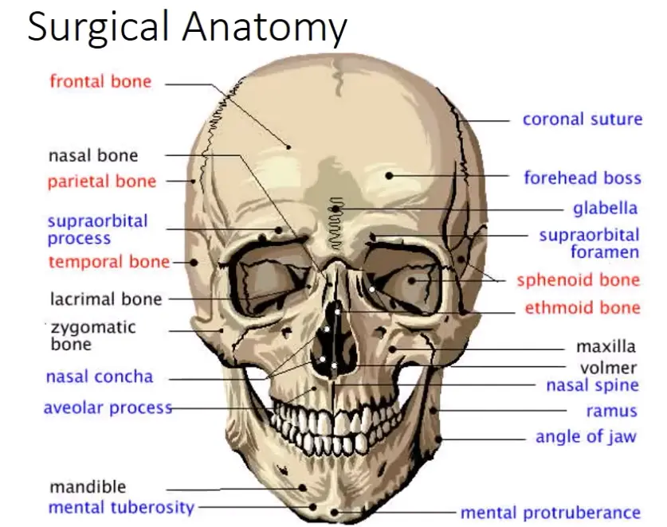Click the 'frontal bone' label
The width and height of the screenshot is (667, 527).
100,81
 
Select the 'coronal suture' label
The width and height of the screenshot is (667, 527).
583,119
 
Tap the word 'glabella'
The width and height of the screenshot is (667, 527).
606,209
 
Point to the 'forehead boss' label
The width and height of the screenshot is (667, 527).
583,178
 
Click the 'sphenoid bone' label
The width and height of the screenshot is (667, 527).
579,280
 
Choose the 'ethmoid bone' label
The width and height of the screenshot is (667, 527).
583,307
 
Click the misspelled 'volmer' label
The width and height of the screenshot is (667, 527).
608,368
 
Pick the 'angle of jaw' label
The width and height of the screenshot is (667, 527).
586,436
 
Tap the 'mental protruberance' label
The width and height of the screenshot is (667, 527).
551,513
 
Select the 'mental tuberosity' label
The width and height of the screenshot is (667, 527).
121,507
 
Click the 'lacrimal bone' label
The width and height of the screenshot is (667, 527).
106,299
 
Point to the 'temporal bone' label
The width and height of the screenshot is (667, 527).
109,262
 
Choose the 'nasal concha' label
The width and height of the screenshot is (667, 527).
100,377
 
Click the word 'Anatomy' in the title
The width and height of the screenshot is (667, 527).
265,26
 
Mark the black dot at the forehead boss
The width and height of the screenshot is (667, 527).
389,175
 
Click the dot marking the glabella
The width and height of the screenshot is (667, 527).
335,209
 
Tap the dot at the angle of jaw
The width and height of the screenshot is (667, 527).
438,439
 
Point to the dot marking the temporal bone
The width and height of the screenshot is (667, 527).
194,262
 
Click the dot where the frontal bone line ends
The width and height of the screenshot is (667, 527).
288,147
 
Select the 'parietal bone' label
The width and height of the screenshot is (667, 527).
102,182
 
